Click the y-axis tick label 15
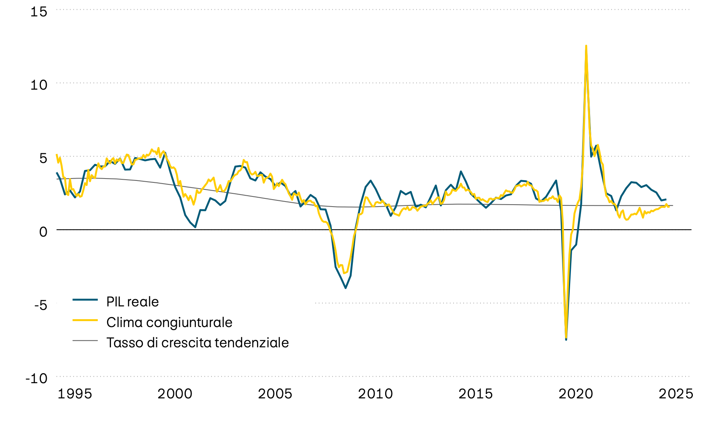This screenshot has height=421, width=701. [x=39, y=12]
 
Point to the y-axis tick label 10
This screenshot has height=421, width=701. [x=39, y=85]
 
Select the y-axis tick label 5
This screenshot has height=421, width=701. [x=43, y=158]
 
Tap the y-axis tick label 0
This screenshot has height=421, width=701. [x=43, y=232]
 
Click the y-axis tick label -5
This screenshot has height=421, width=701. [x=41, y=305]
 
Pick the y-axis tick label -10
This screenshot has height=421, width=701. [x=37, y=378]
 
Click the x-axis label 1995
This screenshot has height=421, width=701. [x=75, y=394]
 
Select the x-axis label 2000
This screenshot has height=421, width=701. [x=175, y=394]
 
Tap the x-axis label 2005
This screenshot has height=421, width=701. [x=275, y=394]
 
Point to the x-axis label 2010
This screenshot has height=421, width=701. [x=375, y=394]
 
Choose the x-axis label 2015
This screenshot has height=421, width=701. [x=476, y=394]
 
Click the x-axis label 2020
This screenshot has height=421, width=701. [x=576, y=394]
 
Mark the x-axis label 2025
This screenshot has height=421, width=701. [x=676, y=394]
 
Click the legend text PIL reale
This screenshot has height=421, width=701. [x=132, y=302]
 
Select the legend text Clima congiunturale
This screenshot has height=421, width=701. [x=169, y=322]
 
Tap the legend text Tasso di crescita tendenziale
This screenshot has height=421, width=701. [x=197, y=343]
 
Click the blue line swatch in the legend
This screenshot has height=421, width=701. [x=85, y=299]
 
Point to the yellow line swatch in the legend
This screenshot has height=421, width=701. [x=85, y=320]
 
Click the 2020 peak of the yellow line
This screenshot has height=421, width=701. [x=586, y=46]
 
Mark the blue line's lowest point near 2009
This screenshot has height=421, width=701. [x=345, y=288]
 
